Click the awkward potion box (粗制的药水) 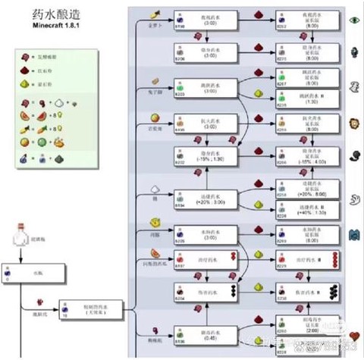[86, 308]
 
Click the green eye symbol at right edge [353, 20]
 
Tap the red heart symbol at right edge [353, 335]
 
